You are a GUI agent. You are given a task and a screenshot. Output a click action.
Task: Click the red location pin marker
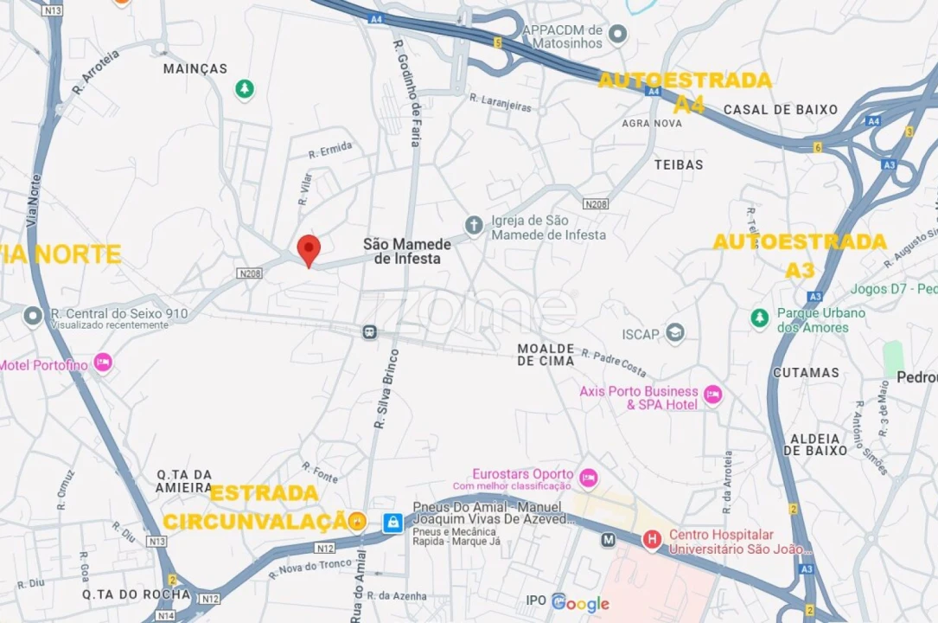point(309,249)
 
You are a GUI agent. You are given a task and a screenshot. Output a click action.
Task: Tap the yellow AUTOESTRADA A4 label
point(685,92)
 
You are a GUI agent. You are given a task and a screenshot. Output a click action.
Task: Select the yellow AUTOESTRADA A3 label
point(799,254)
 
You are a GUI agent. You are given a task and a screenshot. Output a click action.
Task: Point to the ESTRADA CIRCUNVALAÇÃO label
point(256,508)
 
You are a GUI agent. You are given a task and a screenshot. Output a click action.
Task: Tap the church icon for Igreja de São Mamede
point(473,226)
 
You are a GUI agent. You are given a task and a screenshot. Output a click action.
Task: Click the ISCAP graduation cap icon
point(675,333)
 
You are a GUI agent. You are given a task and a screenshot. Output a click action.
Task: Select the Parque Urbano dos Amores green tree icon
point(759,318)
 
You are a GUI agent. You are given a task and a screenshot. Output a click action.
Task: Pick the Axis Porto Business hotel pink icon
point(712,395)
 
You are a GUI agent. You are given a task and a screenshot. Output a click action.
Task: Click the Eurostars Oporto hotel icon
point(588,477)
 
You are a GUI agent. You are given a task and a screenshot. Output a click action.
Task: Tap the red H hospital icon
point(652,540)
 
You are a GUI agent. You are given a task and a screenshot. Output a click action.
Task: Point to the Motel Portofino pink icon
point(103,363)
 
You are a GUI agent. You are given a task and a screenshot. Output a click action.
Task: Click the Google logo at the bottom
point(580,604)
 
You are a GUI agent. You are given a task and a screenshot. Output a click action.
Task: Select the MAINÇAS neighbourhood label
point(195,68)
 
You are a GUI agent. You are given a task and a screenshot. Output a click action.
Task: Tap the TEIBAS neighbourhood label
point(679,164)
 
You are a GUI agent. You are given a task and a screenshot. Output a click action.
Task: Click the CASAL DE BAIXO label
point(781,110)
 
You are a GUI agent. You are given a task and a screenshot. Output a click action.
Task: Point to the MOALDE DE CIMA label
point(546,355)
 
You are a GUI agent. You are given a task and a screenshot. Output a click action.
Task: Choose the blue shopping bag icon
point(392,522)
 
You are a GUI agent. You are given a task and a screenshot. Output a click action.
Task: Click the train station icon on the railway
point(369,331)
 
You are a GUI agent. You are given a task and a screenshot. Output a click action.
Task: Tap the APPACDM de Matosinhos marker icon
point(616,35)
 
